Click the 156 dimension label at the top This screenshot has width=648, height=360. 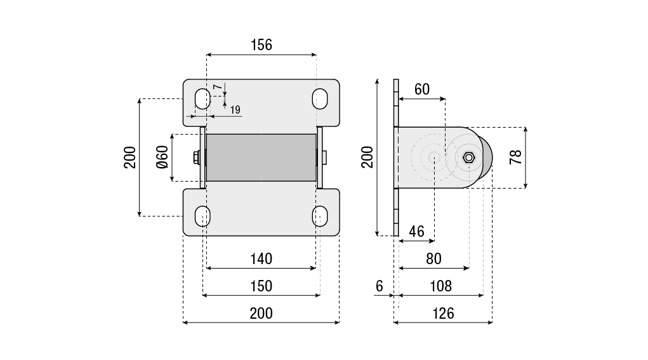pos(261,44)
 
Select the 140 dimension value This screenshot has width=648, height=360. pos(261,258)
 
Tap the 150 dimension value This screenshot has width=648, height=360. pos(261,286)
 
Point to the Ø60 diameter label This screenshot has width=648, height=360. pos(162,157)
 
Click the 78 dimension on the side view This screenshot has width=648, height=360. pos(515,157)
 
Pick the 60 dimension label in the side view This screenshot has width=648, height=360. pos(421,90)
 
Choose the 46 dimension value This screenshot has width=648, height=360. pos(416,231)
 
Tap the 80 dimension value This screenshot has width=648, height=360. pos(433,258)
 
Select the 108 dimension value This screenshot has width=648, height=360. pos(440,286)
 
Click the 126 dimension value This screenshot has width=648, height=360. pos(443,313)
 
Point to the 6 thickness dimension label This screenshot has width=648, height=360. pos(379,286)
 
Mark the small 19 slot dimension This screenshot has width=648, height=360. pos(235,110)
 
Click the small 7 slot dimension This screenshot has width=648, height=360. pos(216,86)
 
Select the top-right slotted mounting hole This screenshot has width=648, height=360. pos(320,98)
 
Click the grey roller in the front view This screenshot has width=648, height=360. pos(261,157)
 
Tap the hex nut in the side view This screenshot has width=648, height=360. pos(468,157)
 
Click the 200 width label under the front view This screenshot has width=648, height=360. pos(261,313)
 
